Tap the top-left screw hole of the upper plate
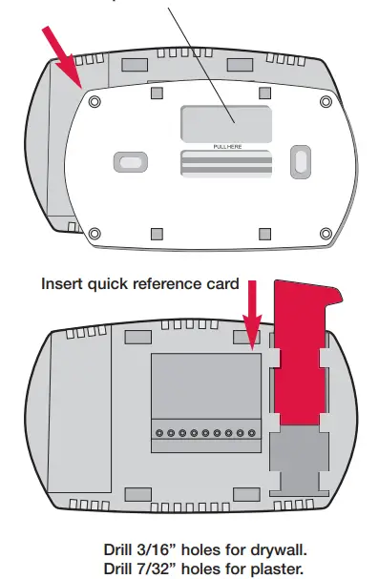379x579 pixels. coord(93,100)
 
